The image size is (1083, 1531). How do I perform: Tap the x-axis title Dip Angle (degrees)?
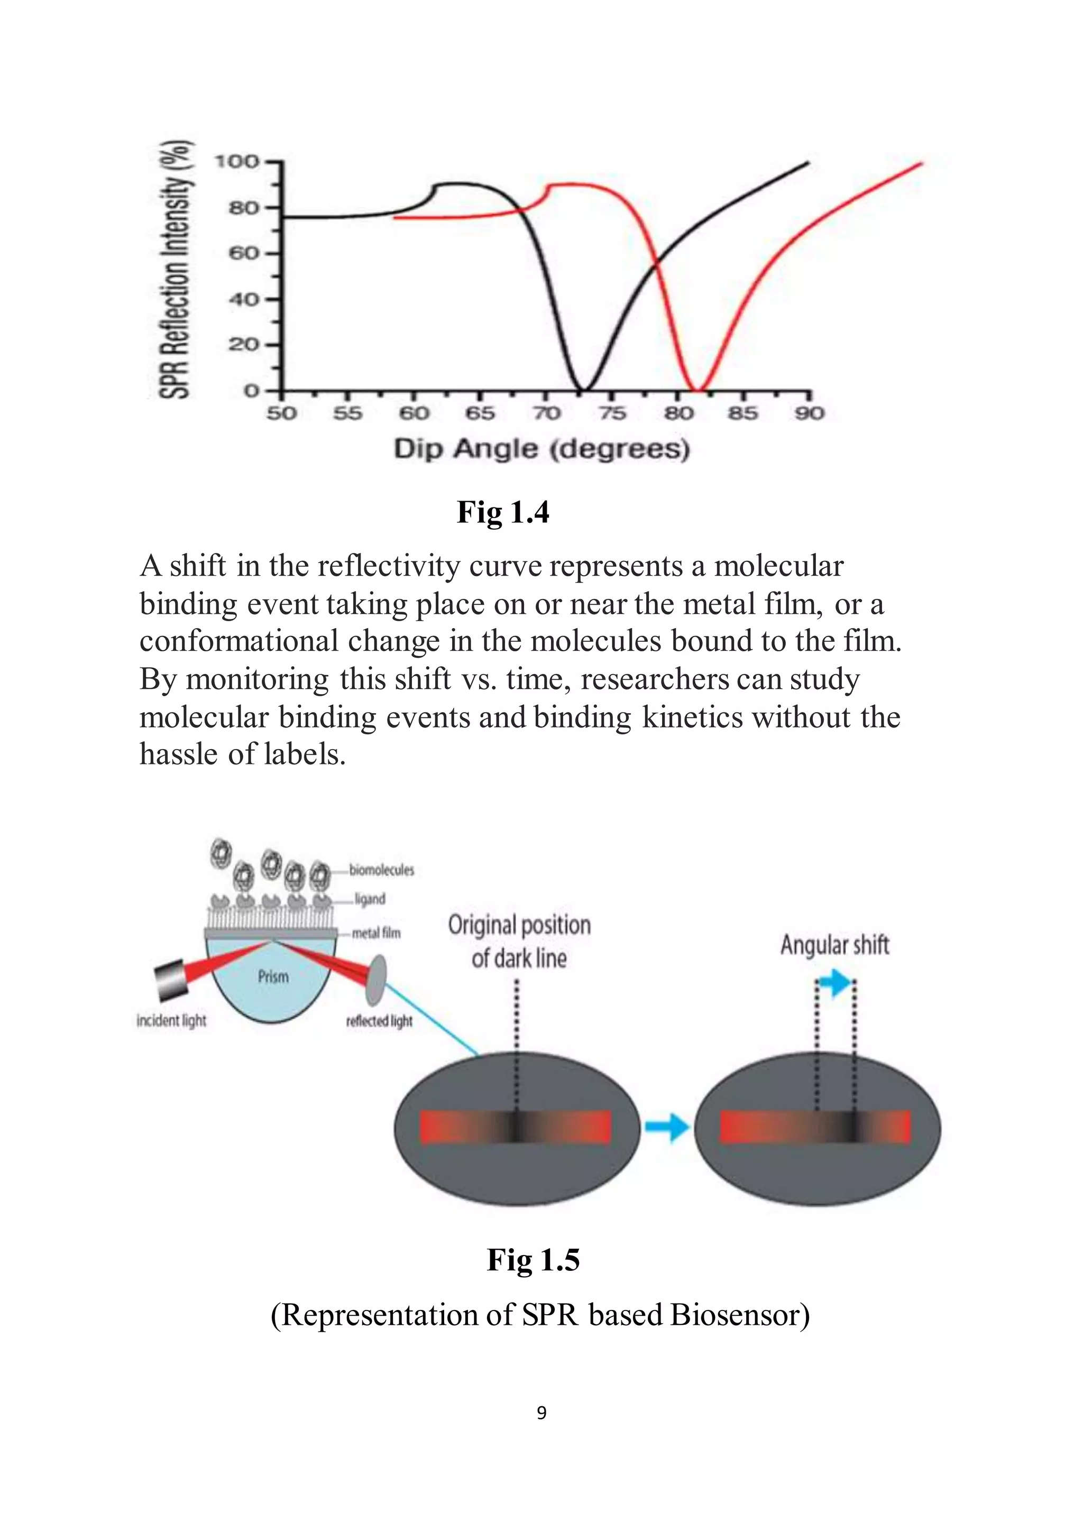point(541,449)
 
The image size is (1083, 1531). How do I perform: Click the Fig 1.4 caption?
point(503,512)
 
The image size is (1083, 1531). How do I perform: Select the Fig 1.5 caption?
point(533,1260)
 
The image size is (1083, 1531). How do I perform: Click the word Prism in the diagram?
point(273,977)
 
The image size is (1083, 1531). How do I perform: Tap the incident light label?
point(171,1021)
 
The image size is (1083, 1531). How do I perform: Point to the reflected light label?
point(380,1021)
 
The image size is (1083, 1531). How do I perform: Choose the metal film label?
point(377,933)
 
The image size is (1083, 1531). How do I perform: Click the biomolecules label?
point(381,870)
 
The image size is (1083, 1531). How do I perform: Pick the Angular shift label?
point(835,945)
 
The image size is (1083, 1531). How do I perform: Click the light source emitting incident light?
point(171,980)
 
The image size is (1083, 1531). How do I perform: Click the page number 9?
point(541,1412)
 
